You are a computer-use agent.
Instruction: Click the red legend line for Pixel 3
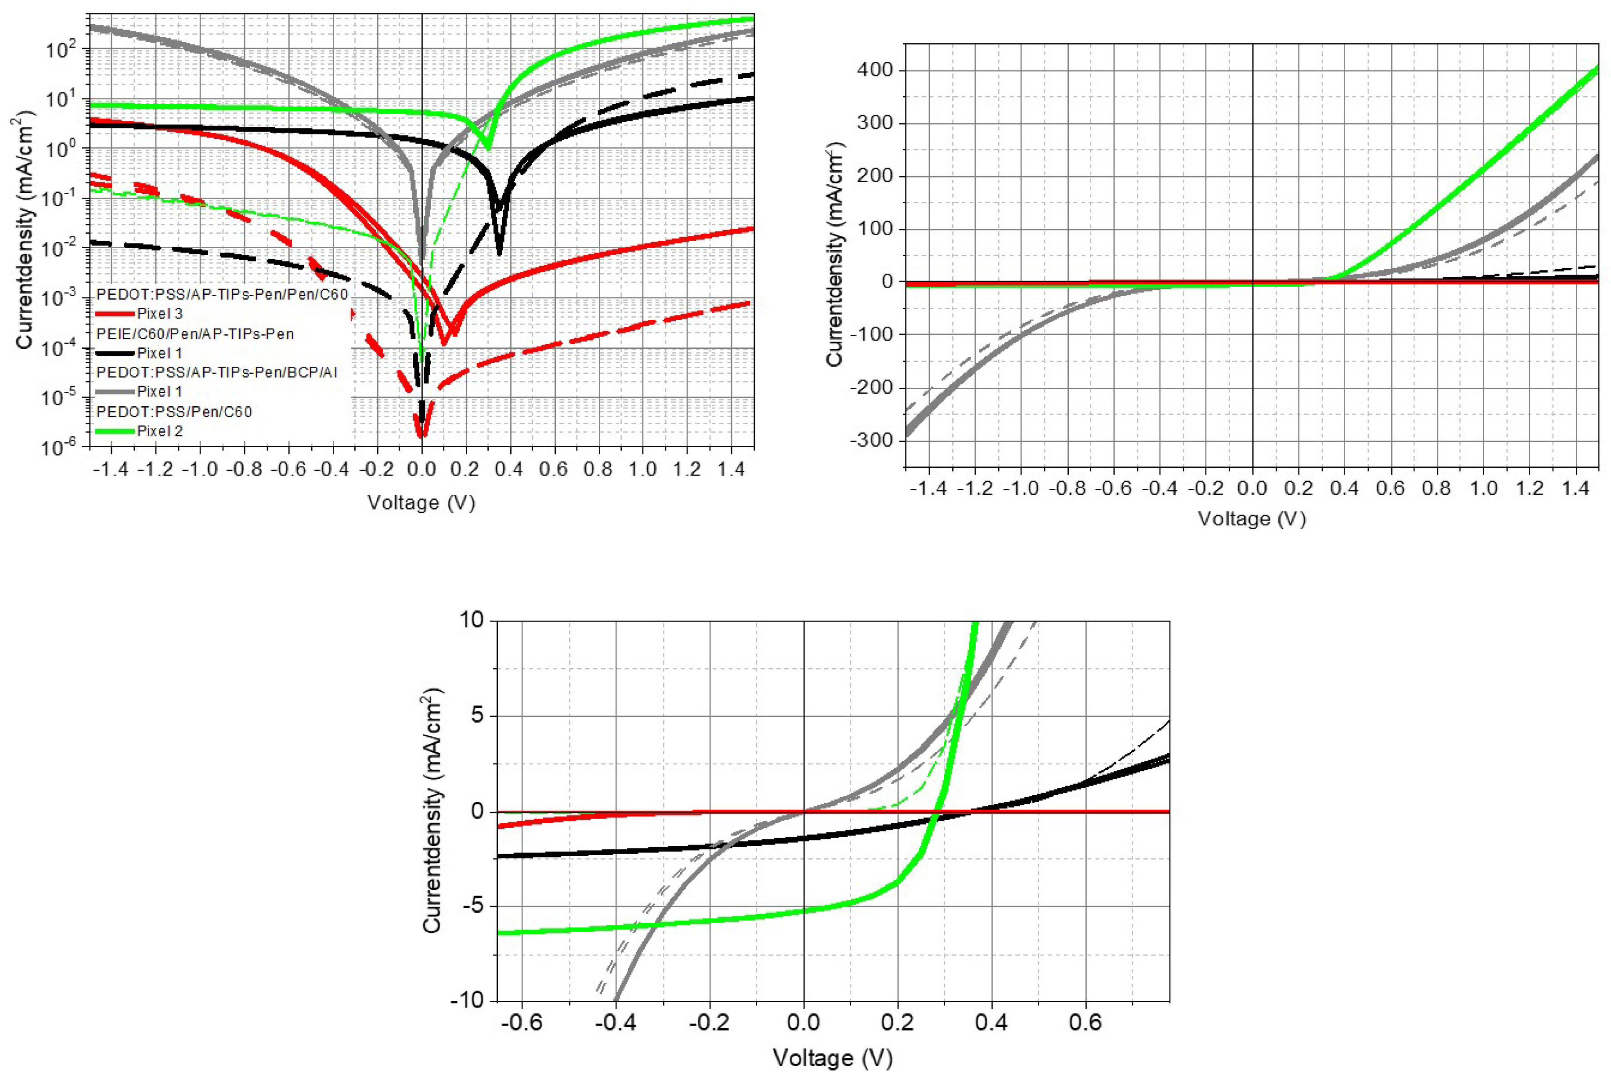[115, 314]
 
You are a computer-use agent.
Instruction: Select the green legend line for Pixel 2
[115, 431]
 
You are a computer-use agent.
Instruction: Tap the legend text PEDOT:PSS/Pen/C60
[174, 412]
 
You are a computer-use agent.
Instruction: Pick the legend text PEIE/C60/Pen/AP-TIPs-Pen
[195, 334]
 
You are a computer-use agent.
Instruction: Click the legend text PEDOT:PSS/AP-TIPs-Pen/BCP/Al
[217, 372]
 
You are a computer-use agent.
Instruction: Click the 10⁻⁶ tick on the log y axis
[62, 447]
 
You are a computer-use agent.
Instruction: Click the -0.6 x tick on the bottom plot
[521, 1022]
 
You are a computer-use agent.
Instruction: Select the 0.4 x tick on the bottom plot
[991, 1022]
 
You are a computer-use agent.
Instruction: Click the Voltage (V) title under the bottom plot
[832, 1057]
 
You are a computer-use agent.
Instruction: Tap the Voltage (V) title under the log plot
[421, 502]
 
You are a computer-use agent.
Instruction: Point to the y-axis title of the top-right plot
[835, 255]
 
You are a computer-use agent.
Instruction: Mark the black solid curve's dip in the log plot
[499, 253]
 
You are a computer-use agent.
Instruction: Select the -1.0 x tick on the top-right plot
[1021, 488]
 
